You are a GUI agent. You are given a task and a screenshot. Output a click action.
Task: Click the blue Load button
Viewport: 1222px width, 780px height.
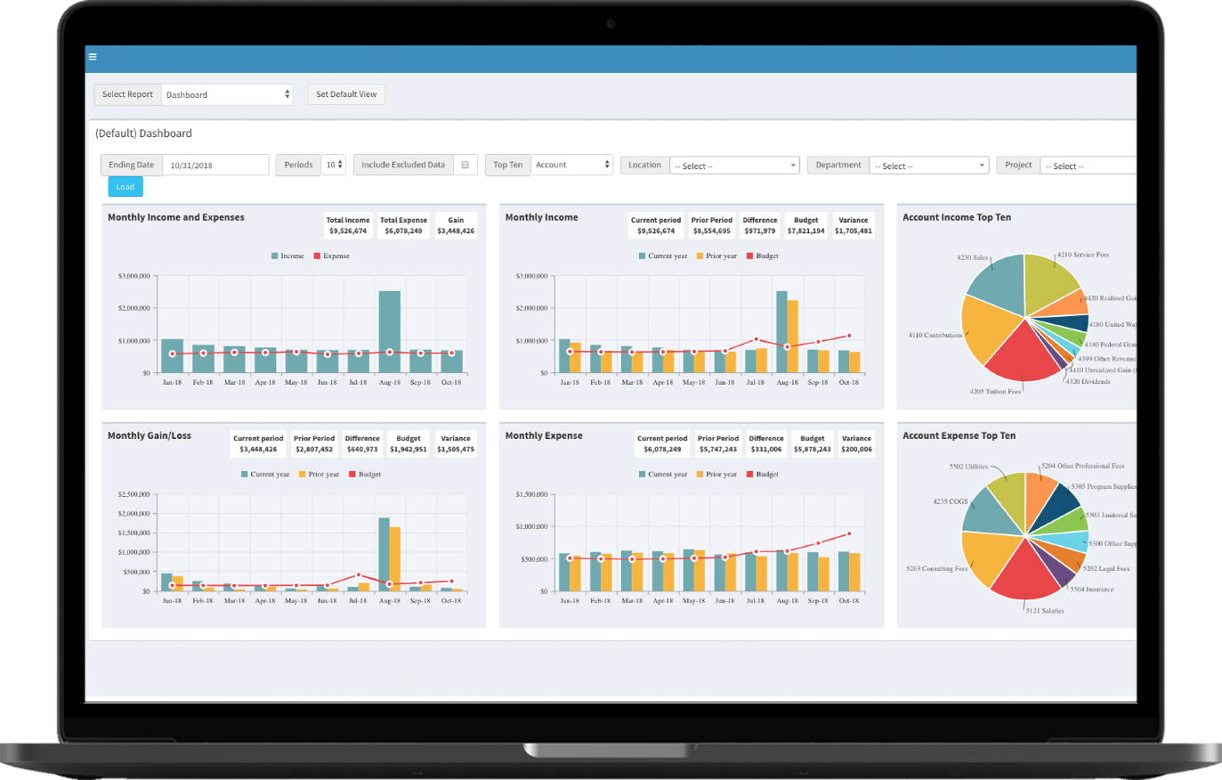125,187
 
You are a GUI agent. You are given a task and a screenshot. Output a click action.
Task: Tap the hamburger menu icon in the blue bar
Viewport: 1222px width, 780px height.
93,57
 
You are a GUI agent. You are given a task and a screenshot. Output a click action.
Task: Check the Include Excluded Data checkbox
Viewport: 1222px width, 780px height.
465,165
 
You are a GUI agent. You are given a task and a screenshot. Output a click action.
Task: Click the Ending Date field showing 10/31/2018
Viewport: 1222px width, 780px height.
214,165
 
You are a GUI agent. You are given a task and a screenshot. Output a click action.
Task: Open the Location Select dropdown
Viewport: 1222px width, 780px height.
734,166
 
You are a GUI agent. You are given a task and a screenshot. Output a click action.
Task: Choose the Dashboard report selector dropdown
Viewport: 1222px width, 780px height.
227,94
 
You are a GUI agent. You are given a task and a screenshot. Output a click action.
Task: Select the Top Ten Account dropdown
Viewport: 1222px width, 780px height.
572,165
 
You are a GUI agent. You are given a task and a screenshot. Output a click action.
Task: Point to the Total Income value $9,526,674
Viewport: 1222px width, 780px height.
347,232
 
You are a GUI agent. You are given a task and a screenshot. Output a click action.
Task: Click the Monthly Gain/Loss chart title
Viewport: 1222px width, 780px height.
150,435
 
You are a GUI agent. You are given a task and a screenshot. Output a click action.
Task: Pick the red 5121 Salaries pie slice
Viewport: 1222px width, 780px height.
1025,574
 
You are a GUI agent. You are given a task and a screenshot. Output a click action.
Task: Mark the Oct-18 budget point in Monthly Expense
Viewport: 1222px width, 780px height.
849,534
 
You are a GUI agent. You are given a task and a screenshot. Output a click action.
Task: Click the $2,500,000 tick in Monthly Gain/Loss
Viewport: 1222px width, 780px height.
134,494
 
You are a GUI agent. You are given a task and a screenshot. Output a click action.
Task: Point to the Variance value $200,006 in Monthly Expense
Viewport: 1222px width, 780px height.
856,450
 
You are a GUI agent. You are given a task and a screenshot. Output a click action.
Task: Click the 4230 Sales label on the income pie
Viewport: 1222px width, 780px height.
972,257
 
